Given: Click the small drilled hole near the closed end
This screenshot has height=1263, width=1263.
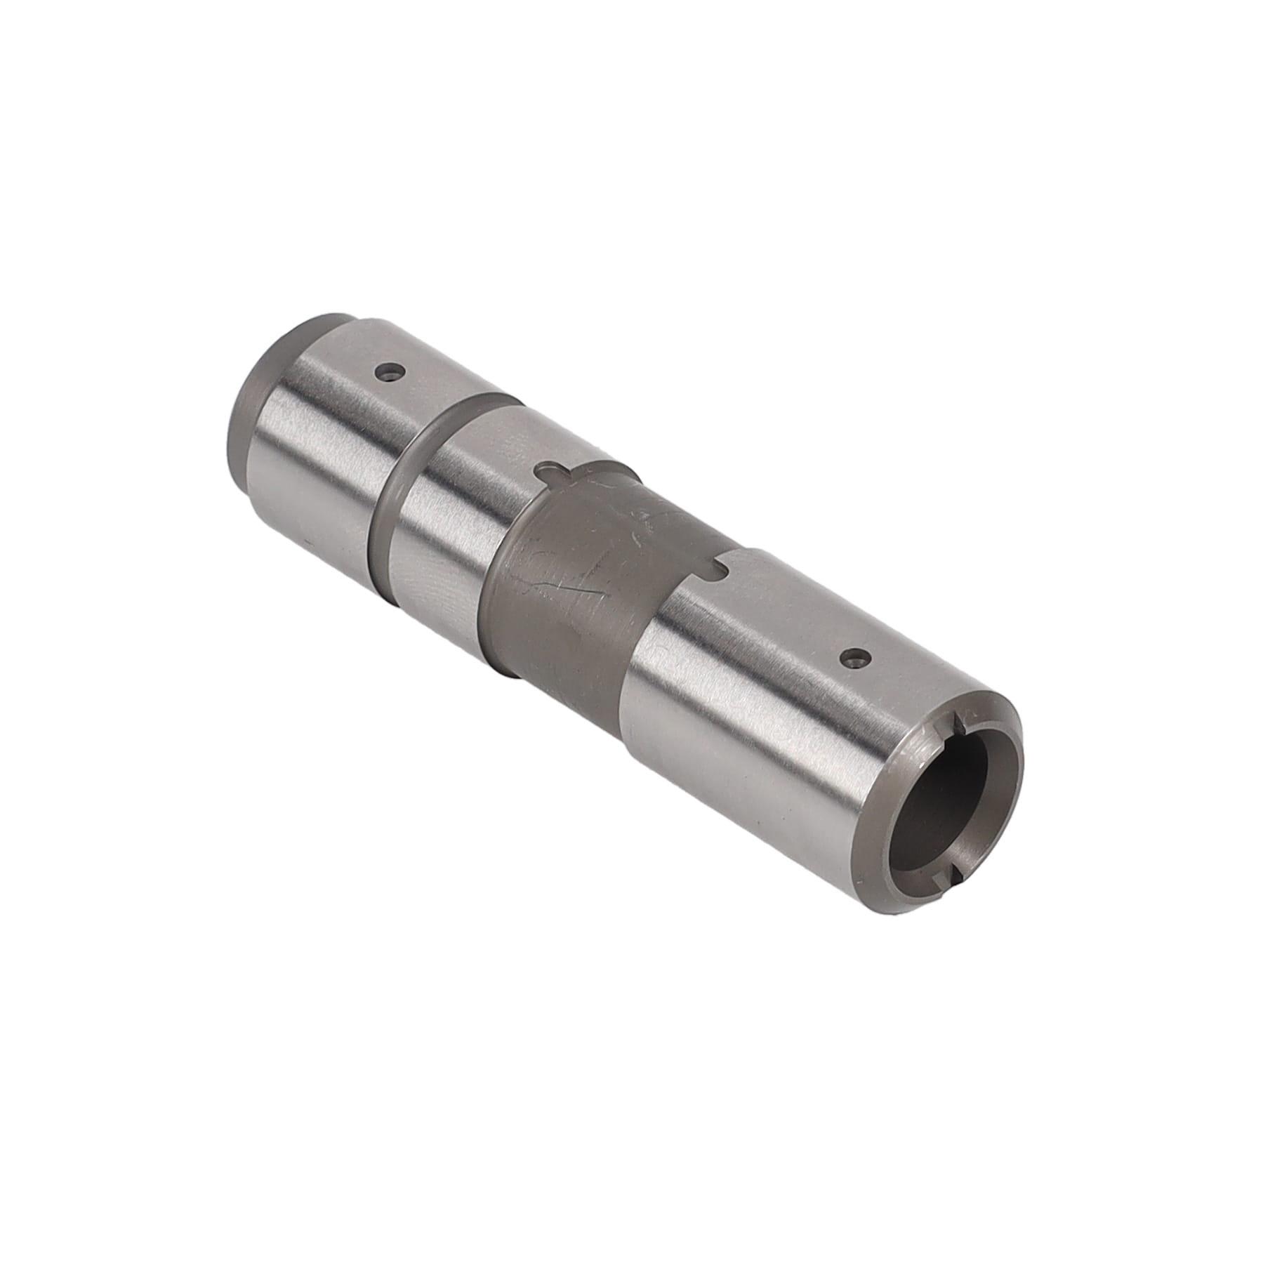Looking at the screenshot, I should coord(386,371).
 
